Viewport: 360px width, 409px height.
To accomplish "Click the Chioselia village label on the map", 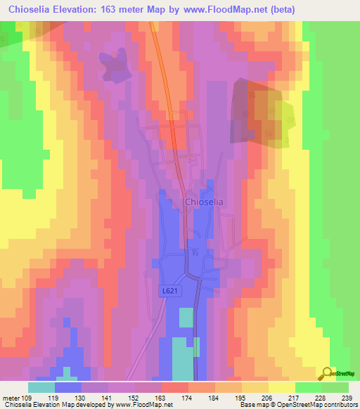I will pos(204,202).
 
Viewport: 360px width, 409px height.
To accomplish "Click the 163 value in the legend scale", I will pos(162,398).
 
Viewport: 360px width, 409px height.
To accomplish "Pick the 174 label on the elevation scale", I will pos(188,398).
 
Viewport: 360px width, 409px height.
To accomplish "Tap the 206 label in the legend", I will pos(269,398).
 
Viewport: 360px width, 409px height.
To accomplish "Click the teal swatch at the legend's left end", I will pos(41,387).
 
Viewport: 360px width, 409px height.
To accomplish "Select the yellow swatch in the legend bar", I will pos(282,387).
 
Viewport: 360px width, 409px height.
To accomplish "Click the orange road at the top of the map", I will pos(159,42).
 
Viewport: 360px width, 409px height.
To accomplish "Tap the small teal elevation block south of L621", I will pos(185,318).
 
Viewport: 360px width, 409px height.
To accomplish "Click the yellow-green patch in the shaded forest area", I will pos(285,116).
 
